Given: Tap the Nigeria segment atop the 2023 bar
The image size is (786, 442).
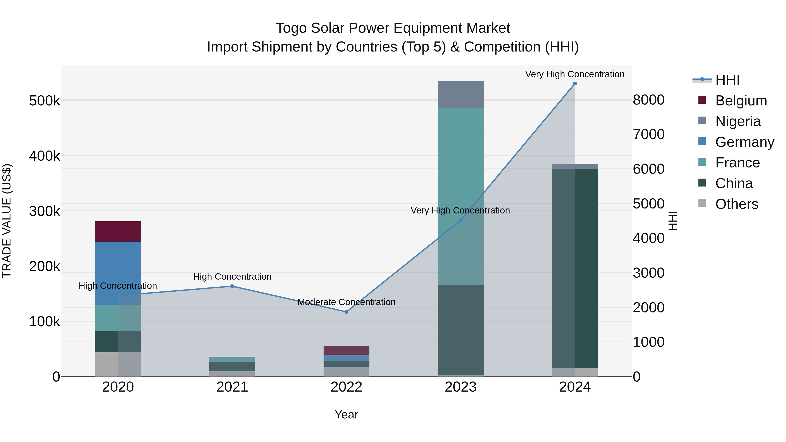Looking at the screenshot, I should [460, 95].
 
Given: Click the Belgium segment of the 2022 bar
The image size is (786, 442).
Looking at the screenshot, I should [346, 351].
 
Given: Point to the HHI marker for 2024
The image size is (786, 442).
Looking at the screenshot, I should [575, 84].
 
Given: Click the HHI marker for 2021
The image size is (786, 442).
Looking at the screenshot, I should [232, 286].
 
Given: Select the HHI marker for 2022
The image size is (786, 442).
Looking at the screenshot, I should [346, 312].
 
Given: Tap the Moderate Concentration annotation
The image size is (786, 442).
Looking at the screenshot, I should [346, 302].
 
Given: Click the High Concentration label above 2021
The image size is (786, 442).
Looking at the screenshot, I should [232, 277].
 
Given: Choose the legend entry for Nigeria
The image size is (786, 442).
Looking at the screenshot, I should [738, 121].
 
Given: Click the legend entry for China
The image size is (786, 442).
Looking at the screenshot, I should [734, 183].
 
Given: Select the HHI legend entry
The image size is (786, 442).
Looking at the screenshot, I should [727, 80].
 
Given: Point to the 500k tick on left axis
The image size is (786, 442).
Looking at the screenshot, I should [45, 101].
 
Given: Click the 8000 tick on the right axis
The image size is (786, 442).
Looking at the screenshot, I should [649, 100].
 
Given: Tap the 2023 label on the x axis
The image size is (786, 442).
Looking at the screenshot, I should [460, 387].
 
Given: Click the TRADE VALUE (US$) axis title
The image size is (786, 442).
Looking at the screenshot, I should [7, 221].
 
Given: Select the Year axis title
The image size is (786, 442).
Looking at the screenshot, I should [346, 414].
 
